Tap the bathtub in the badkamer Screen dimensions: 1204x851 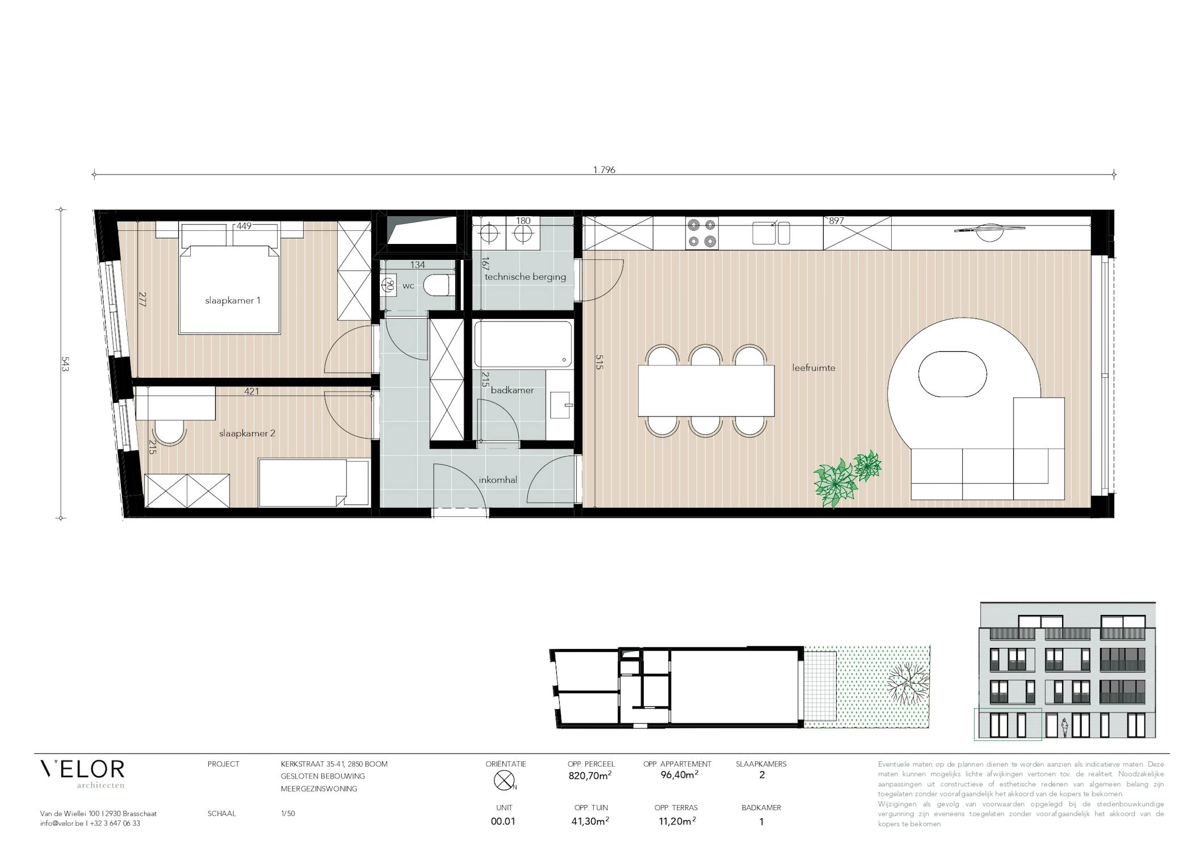(523, 344)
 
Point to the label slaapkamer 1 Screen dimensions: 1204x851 (233, 301)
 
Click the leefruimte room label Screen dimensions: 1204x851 (813, 368)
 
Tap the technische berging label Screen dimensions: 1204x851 (525, 277)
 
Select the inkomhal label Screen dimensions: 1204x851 (498, 480)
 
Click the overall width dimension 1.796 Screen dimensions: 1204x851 (604, 170)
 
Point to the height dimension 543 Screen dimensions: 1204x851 (64, 364)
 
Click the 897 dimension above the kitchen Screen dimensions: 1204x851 (836, 221)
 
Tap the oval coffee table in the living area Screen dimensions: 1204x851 (953, 374)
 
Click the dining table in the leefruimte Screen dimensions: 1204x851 (706, 391)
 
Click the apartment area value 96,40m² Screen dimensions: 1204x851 (679, 775)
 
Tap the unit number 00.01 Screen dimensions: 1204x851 (503, 821)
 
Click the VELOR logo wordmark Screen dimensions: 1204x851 (82, 769)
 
